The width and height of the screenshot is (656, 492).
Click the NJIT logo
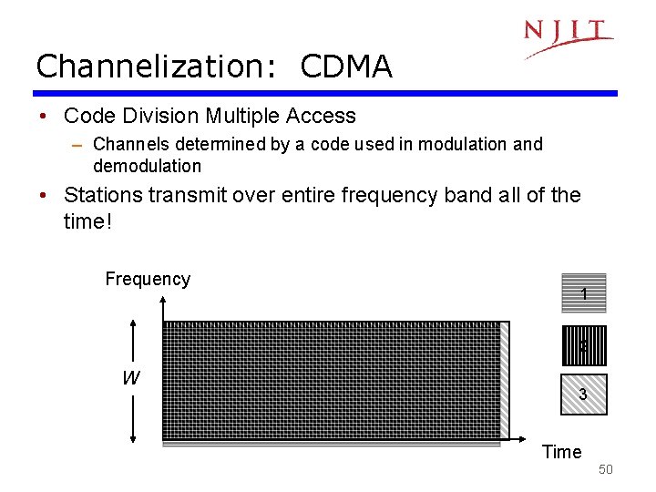coord(567,36)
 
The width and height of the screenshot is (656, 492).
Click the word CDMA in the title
coord(345,67)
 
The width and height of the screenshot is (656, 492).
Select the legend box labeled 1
coord(583,294)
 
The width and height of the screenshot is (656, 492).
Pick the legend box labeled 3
coord(583,395)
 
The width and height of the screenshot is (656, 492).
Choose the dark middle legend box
coord(583,345)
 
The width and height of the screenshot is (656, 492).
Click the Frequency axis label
coord(148,279)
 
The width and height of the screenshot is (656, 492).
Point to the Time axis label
coord(561,452)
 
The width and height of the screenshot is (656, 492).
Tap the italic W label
coord(131,378)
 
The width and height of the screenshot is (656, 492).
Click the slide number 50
coord(606,469)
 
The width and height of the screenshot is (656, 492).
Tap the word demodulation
coord(147,166)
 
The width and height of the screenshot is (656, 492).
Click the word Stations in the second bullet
coord(101,195)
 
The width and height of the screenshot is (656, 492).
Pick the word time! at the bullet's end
coord(87,221)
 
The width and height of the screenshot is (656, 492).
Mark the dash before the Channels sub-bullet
coord(79,145)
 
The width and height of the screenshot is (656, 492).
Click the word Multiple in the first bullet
coord(243,116)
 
